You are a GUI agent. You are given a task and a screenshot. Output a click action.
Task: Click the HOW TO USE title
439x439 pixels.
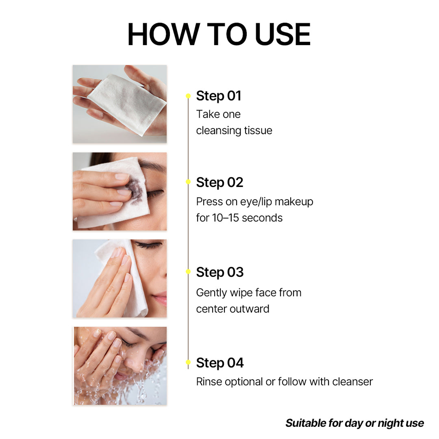tap(219, 35)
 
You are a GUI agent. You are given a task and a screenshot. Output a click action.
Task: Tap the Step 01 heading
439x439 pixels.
tap(219, 96)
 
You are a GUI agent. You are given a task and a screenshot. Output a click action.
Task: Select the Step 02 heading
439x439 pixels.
tap(219, 183)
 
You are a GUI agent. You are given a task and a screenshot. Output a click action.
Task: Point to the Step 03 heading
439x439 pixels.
tap(219, 272)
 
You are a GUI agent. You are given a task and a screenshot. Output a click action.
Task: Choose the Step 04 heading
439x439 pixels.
tap(219, 363)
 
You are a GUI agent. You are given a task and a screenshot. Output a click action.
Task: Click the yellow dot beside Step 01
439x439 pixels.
tap(188, 96)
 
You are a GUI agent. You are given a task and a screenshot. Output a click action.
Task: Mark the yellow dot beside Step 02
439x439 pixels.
tap(188, 182)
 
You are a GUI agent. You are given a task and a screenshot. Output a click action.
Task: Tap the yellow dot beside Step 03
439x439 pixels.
tap(188, 272)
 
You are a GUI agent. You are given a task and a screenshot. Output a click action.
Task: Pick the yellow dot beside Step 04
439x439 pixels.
tap(188, 362)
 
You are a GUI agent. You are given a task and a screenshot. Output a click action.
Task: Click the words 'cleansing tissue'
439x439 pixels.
tap(234, 130)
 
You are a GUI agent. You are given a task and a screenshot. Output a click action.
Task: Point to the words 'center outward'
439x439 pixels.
tap(233, 309)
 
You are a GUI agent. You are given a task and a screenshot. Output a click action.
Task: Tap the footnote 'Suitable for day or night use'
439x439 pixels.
tap(354, 423)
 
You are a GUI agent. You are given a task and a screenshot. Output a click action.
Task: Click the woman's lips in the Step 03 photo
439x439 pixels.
tap(161, 299)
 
